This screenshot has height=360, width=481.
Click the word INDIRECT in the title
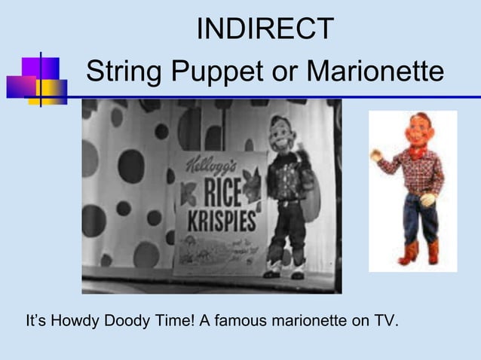click(x=265, y=29)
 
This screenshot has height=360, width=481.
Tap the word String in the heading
click(x=124, y=73)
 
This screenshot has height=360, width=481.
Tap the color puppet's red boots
click(x=420, y=252)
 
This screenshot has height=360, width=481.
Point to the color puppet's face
click(x=414, y=130)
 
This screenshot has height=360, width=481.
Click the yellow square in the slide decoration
click(x=51, y=90)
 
